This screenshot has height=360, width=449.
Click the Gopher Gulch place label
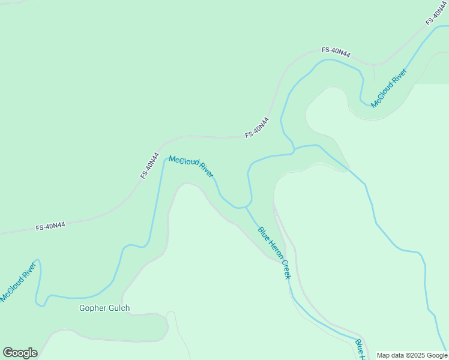click(104, 308)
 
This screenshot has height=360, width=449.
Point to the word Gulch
click(118, 308)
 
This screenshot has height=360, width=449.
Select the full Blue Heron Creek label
click(274, 252)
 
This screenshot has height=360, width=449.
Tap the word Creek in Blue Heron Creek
click(285, 268)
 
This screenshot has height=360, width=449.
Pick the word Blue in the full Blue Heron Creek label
click(262, 233)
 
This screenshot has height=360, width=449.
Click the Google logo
click(20, 353)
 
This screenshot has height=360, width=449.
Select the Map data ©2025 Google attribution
click(412, 355)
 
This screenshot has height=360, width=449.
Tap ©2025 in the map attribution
click(418, 355)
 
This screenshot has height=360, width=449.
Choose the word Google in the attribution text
click(438, 355)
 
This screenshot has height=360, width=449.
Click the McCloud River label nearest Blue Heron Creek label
click(191, 166)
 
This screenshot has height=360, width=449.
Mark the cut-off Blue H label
click(360, 350)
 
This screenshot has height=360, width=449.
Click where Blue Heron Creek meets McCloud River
click(246, 208)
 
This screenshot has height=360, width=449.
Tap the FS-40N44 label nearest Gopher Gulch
click(50, 226)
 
